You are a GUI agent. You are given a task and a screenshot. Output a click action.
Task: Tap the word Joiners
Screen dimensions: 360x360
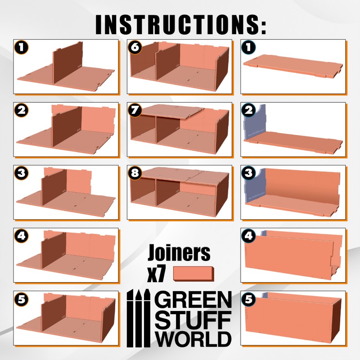[179, 252]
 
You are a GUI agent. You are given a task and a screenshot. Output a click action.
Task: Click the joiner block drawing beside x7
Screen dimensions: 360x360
[193, 274]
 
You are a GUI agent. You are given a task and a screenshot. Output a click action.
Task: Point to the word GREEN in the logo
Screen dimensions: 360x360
[193, 300]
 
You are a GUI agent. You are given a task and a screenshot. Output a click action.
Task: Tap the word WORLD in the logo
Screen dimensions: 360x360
[193, 339]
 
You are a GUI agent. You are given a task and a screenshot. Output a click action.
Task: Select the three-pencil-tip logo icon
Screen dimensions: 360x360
[139, 318]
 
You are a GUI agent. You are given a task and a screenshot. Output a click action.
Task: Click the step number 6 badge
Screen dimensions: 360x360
[135, 47]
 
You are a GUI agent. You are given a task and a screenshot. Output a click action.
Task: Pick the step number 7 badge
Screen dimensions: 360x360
[135, 110]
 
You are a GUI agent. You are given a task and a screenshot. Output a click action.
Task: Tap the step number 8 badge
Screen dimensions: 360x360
[135, 173]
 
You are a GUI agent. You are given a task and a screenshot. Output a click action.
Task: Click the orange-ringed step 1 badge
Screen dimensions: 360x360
[21, 47]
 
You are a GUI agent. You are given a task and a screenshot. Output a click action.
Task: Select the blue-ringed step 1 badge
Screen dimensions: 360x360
[249, 47]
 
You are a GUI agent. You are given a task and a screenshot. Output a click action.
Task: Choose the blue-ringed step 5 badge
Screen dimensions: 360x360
[249, 299]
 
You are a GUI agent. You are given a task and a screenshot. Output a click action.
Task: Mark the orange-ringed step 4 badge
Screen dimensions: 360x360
[21, 236]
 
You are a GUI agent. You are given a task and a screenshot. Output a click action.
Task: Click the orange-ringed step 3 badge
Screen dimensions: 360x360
[21, 173]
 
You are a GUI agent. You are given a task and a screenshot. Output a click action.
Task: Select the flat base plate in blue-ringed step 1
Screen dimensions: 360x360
[293, 65]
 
